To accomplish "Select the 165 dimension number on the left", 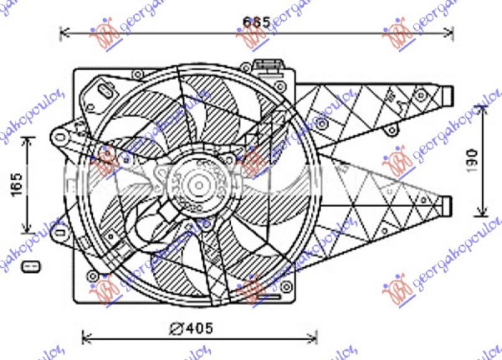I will pos(17,183).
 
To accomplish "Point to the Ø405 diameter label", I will pos(191,327).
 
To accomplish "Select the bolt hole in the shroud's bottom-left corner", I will pos(93,275).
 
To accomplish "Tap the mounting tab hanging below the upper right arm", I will pos(392,130).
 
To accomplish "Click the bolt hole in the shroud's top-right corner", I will pos(281,83).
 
